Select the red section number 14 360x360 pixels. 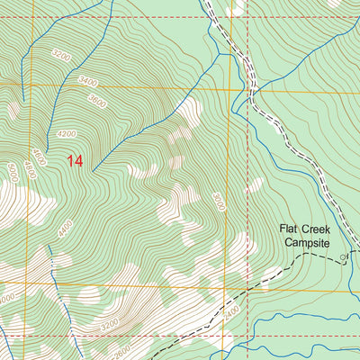click(76, 162)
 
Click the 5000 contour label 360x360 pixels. click(12, 172)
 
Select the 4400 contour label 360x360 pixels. click(64, 229)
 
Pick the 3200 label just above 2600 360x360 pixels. click(110, 323)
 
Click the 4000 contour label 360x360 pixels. click(6, 297)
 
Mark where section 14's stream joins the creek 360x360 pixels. click(219, 54)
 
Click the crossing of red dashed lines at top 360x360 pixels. click(231, 15)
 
